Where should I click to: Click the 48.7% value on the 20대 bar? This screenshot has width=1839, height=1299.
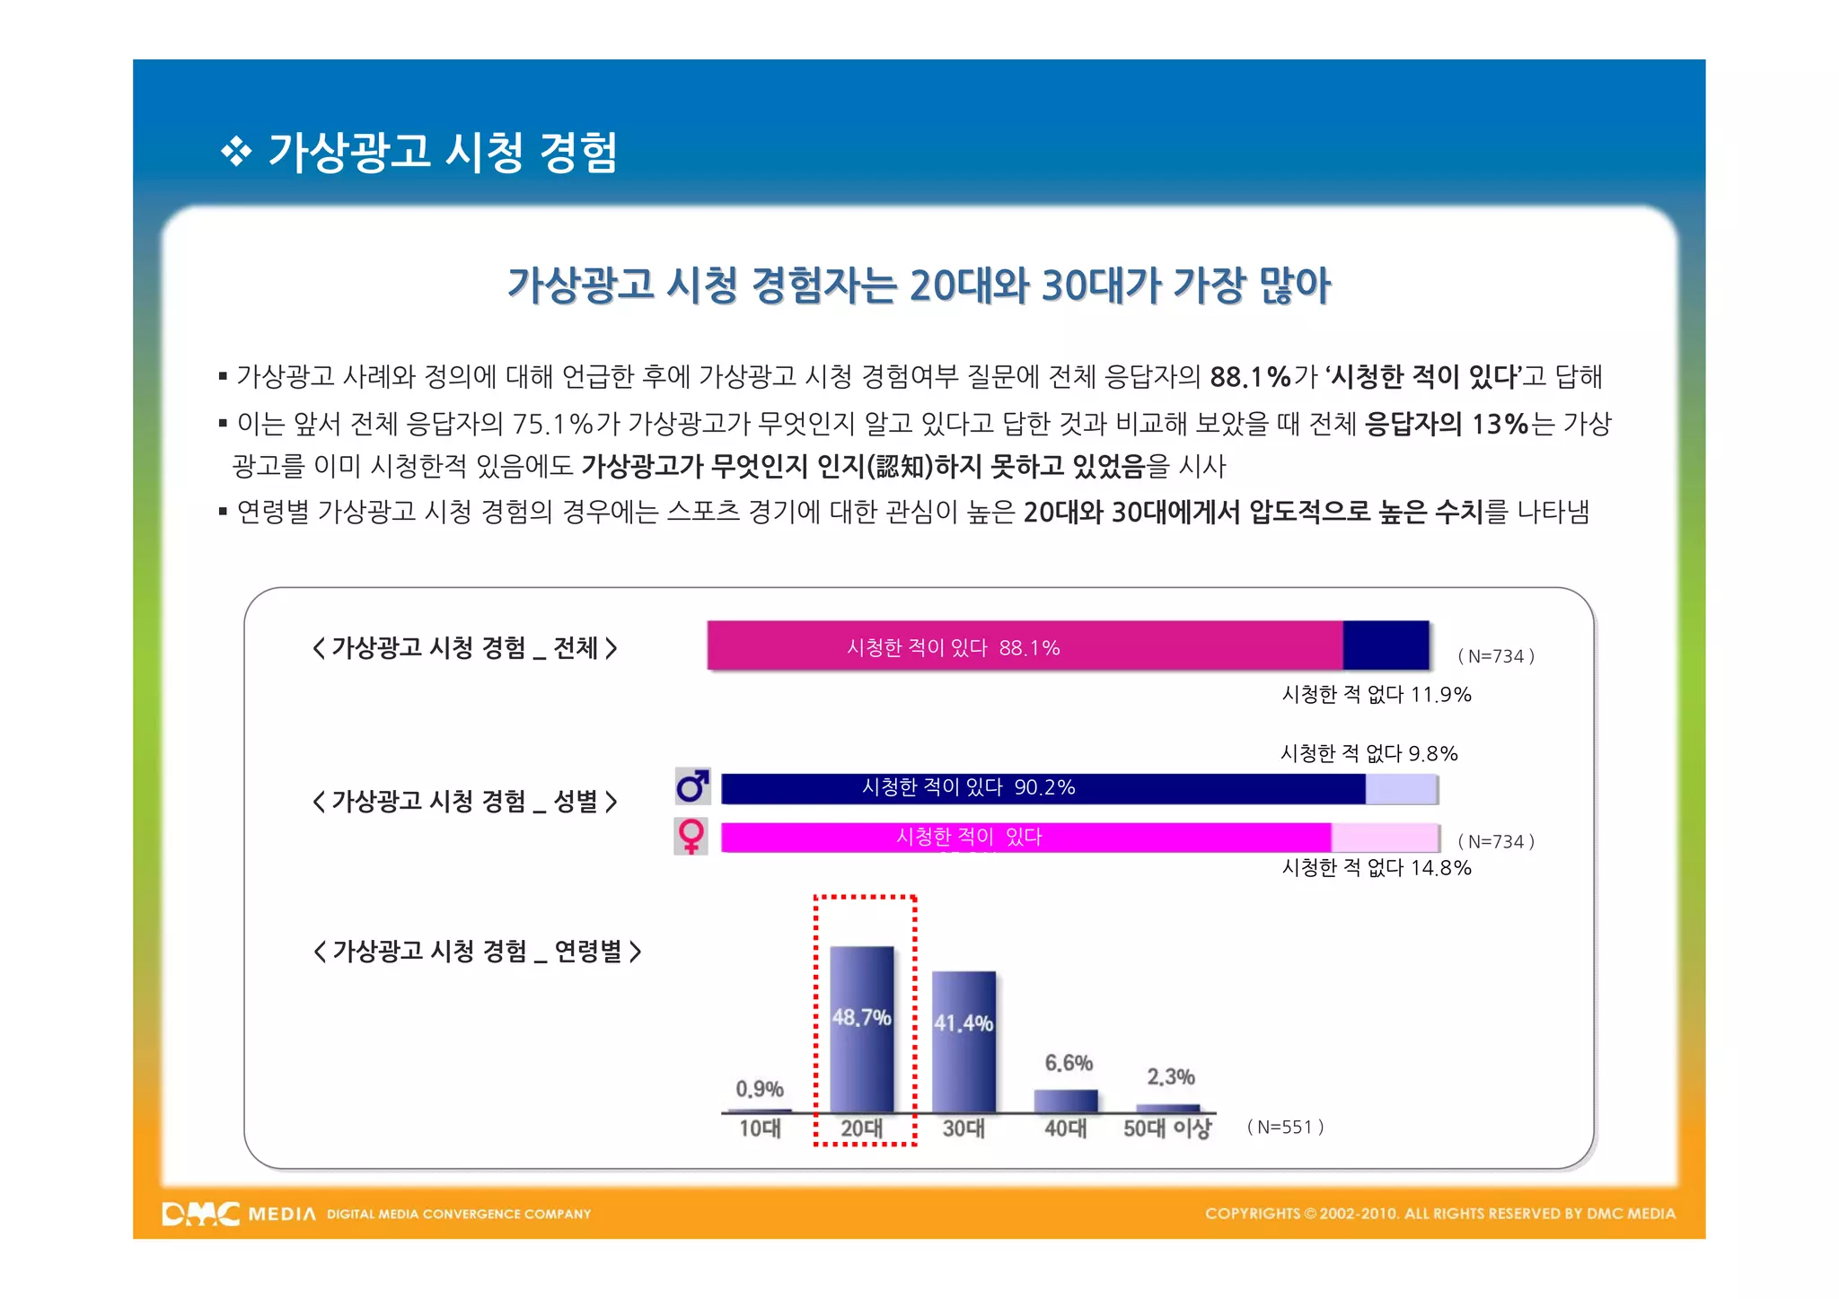point(861,1017)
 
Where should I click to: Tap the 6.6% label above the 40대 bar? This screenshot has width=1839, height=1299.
point(1069,1064)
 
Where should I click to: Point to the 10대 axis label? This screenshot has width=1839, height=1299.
point(760,1128)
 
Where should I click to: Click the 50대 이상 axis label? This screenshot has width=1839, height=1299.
point(1166,1128)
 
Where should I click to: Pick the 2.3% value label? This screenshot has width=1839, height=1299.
point(1171,1076)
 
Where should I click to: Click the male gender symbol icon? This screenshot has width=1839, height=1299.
point(692,787)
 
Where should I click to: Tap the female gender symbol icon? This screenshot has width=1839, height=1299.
point(691,837)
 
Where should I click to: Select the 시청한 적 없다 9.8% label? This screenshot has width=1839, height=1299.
point(1368,753)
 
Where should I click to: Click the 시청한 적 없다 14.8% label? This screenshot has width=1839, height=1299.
point(1376,868)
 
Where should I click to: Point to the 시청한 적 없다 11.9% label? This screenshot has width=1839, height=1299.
point(1376,695)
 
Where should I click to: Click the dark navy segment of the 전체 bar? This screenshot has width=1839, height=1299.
point(1386,645)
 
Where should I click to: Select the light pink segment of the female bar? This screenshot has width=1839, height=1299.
point(1385,838)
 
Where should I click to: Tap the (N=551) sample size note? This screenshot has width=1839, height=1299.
point(1285,1128)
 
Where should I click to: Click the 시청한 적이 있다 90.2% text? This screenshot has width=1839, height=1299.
point(968,787)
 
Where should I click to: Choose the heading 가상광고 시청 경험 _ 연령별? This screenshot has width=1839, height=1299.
point(477,951)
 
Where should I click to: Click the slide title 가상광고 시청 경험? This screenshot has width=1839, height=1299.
point(442,152)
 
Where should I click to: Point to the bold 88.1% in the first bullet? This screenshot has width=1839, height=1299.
point(1250,377)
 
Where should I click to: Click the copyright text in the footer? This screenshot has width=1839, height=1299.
point(1439,1214)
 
